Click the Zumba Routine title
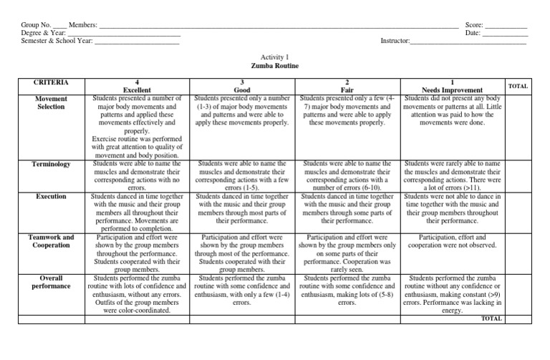pos(275,66)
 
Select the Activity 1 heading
pos(275,56)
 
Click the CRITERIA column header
pos(51,83)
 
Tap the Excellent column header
pos(137,91)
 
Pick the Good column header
pos(241,91)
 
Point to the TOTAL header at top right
pos(518,86)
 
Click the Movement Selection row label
pos(51,103)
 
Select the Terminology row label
pos(51,164)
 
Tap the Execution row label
pos(51,196)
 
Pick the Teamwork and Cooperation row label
pos(51,241)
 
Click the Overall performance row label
pos(51,282)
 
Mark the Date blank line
pos(506,33)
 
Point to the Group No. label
pos(37,25)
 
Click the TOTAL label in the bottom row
pos(491,318)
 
